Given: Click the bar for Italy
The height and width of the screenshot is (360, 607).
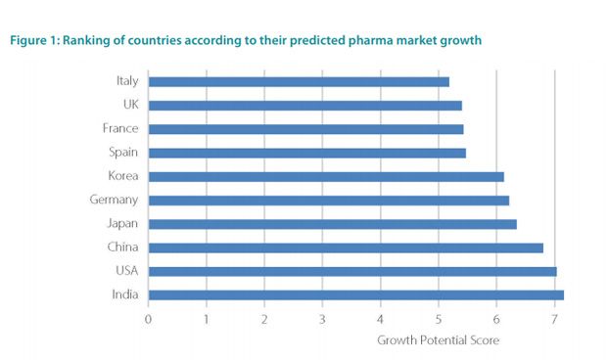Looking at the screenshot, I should pos(299,81).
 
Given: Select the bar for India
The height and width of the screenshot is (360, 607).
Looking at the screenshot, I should pos(355,293).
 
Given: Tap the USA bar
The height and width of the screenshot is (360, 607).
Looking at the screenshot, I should pos(352,270).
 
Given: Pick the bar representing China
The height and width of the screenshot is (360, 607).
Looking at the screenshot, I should pos(346,247).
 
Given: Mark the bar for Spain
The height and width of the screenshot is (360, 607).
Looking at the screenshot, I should pos(307,153).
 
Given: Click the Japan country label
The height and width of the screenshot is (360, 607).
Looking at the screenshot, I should pos(122,223).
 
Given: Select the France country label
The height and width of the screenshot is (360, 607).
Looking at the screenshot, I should pos(119,128).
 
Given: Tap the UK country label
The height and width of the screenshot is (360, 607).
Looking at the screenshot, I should pos(129,105).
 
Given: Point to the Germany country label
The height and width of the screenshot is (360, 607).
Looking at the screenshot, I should pos(115,200).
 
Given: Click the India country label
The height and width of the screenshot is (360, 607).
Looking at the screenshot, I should pos(124,293).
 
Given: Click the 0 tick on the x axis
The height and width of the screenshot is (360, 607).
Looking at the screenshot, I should pos(148,318).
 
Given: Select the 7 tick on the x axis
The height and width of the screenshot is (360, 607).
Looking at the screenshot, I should pos(555,318).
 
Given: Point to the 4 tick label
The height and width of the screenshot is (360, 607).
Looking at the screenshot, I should pos(381,318).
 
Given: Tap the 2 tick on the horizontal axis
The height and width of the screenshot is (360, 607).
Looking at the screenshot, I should pos(264,318).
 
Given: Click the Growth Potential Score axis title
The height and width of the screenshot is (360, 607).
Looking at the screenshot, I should pos(439,340).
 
